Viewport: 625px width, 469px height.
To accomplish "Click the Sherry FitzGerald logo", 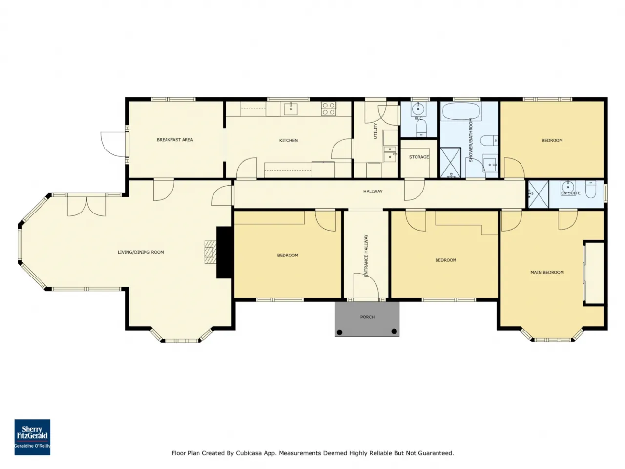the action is [32, 437].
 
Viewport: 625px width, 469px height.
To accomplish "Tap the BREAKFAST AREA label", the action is [174, 140].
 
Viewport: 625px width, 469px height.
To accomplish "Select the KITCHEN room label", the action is [289, 140].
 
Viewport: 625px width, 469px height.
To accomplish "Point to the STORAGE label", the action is [419, 157].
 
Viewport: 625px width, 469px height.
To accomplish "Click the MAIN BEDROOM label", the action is [547, 273].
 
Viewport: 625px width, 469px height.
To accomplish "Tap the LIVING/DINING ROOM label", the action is [141, 252].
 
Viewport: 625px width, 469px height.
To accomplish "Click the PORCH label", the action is [367, 317].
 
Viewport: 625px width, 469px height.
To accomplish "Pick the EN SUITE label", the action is [571, 193].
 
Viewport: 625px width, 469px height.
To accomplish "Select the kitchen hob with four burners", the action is [329, 109].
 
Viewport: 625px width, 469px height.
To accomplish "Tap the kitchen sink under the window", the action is [291, 109].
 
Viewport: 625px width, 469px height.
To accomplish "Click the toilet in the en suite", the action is [591, 190].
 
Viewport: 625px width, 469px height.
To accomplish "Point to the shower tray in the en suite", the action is [539, 194].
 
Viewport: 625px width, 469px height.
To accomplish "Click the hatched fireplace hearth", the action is [210, 252].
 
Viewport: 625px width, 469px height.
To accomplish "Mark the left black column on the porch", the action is [339, 332].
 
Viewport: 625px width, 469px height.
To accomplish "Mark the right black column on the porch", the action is [394, 331].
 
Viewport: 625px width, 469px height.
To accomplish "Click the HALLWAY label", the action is [373, 192].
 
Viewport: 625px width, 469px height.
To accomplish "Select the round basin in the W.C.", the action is [418, 109].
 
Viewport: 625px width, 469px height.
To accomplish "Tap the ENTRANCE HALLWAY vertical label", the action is [366, 255].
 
